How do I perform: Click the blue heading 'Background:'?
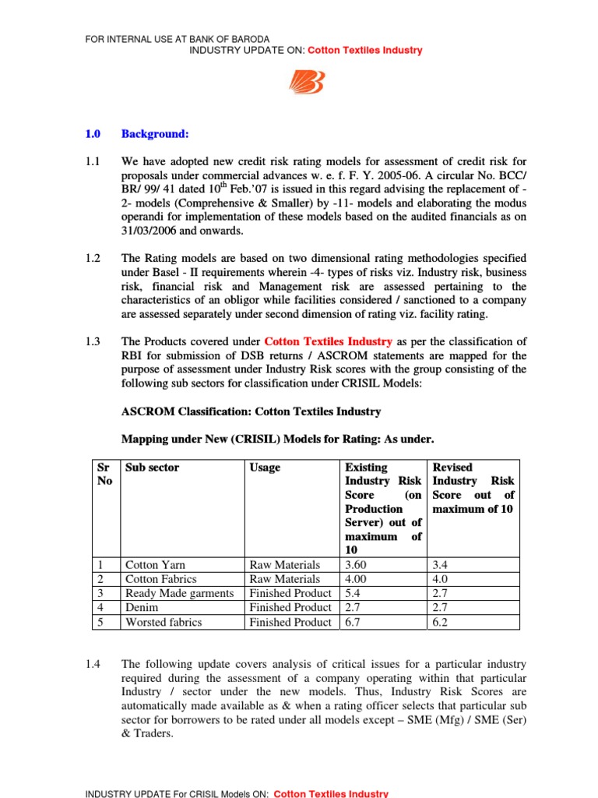(x=155, y=134)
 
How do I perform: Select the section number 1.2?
(x=93, y=258)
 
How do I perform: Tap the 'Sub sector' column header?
(x=152, y=468)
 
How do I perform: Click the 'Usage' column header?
(x=265, y=468)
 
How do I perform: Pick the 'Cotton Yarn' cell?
(x=155, y=565)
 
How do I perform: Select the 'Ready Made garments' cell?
(x=179, y=594)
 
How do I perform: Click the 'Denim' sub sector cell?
(x=140, y=608)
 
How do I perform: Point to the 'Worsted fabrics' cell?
(x=163, y=623)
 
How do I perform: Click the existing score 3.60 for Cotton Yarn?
(x=358, y=565)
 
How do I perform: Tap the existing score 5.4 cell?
(x=355, y=594)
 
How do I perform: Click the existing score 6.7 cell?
(x=355, y=623)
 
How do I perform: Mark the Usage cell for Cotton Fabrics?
(x=284, y=579)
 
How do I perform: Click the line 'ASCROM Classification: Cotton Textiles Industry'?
(x=252, y=411)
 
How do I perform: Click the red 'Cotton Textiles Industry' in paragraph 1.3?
(x=329, y=341)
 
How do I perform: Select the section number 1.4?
(x=93, y=664)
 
